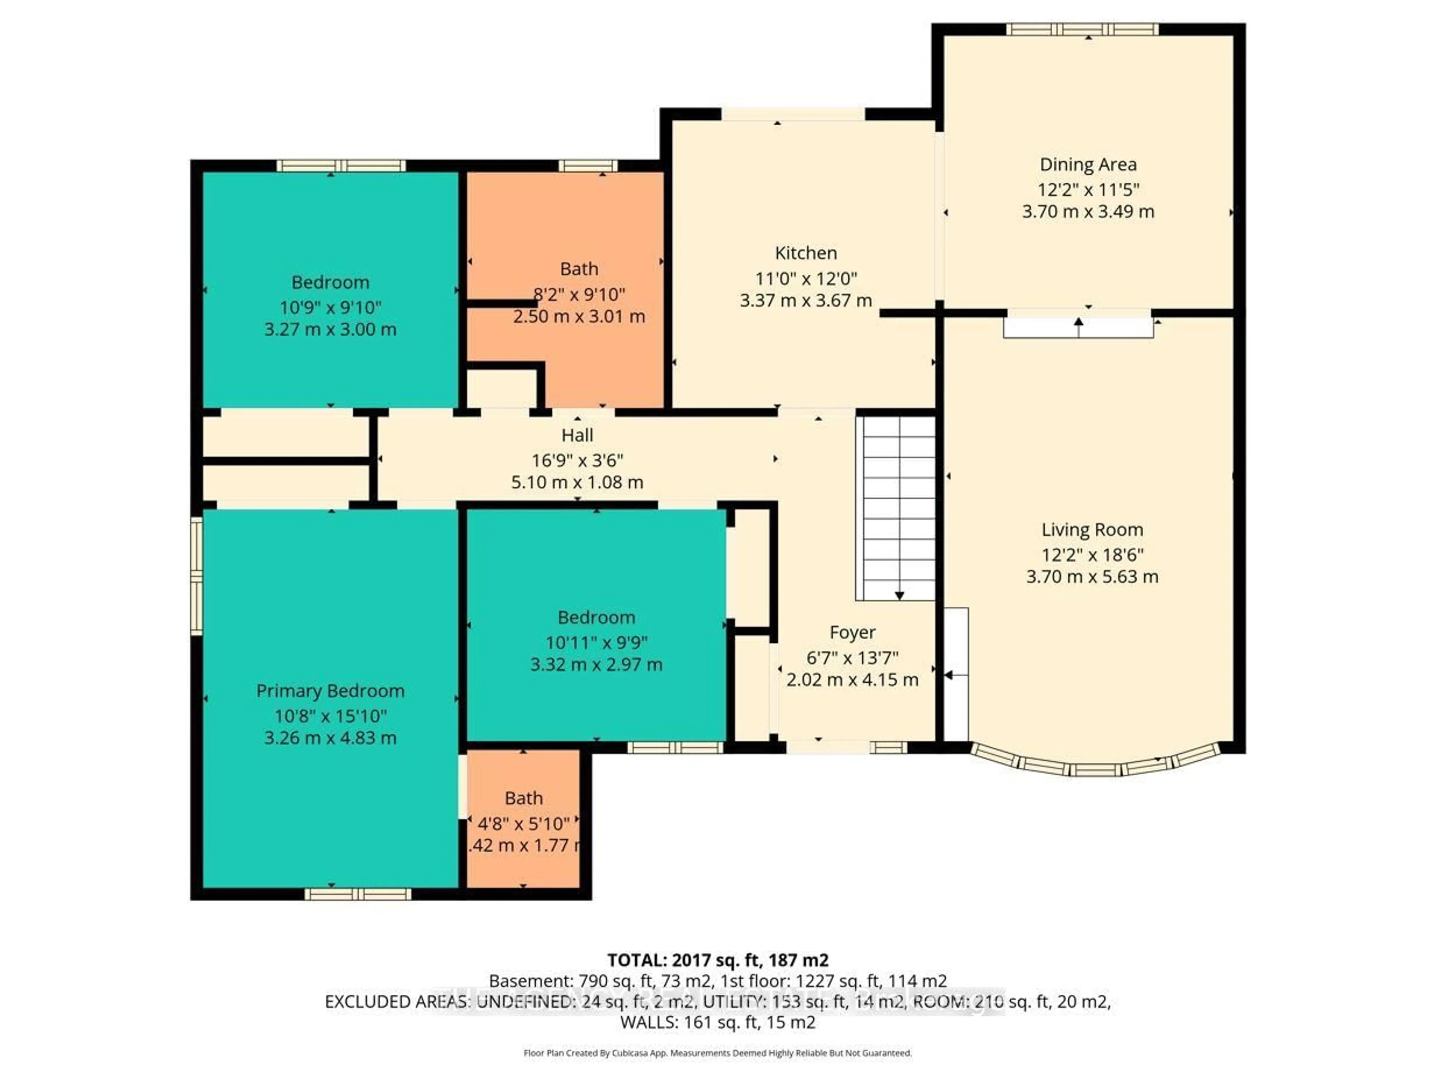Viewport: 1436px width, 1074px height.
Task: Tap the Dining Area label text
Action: (x=1088, y=165)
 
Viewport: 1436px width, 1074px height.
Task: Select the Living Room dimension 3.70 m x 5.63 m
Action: (x=1092, y=576)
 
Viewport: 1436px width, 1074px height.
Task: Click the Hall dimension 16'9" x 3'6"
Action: (x=577, y=460)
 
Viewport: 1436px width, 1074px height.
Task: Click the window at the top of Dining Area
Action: (x=1082, y=29)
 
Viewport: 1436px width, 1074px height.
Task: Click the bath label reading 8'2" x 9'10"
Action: (x=579, y=294)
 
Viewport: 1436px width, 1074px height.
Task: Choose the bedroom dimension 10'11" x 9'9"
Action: (x=596, y=643)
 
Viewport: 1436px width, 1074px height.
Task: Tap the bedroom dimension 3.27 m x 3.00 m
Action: (x=331, y=329)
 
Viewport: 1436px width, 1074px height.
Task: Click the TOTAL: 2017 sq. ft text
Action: (x=717, y=960)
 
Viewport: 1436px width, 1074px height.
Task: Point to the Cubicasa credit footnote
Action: (x=717, y=1053)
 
